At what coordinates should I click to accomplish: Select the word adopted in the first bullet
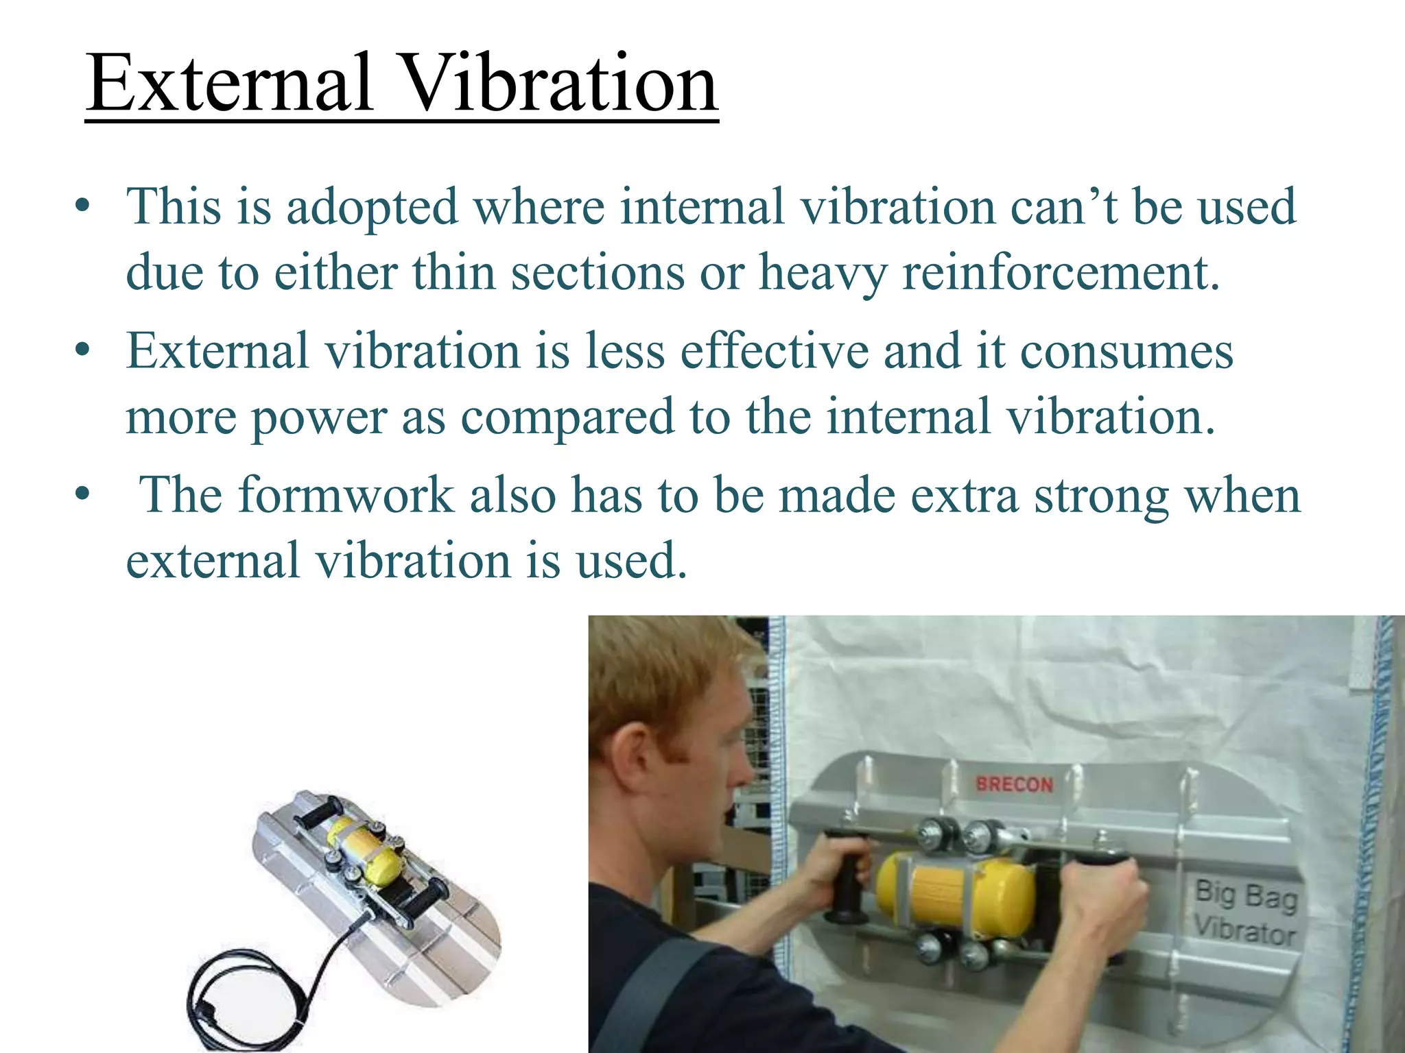point(371,207)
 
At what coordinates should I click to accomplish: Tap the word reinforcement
point(1060,273)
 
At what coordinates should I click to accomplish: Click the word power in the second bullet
point(318,418)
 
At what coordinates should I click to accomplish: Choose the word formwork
point(346,495)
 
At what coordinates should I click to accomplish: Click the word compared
point(567,418)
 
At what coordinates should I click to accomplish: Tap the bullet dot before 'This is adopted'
point(82,207)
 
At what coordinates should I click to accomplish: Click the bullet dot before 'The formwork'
point(82,494)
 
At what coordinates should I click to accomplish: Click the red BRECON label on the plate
point(1014,784)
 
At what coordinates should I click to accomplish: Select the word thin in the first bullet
point(453,273)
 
